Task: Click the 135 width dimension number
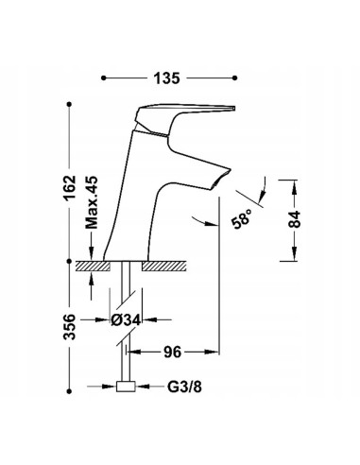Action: click(x=166, y=78)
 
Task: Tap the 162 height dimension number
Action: click(x=70, y=188)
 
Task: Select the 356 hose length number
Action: click(x=70, y=327)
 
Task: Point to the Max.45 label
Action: click(x=92, y=202)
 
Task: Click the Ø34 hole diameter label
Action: click(x=126, y=320)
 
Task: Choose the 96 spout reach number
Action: click(x=173, y=352)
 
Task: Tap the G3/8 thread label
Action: click(x=184, y=387)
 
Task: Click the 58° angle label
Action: click(x=242, y=218)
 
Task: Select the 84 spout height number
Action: click(x=295, y=219)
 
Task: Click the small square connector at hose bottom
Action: click(x=126, y=387)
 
